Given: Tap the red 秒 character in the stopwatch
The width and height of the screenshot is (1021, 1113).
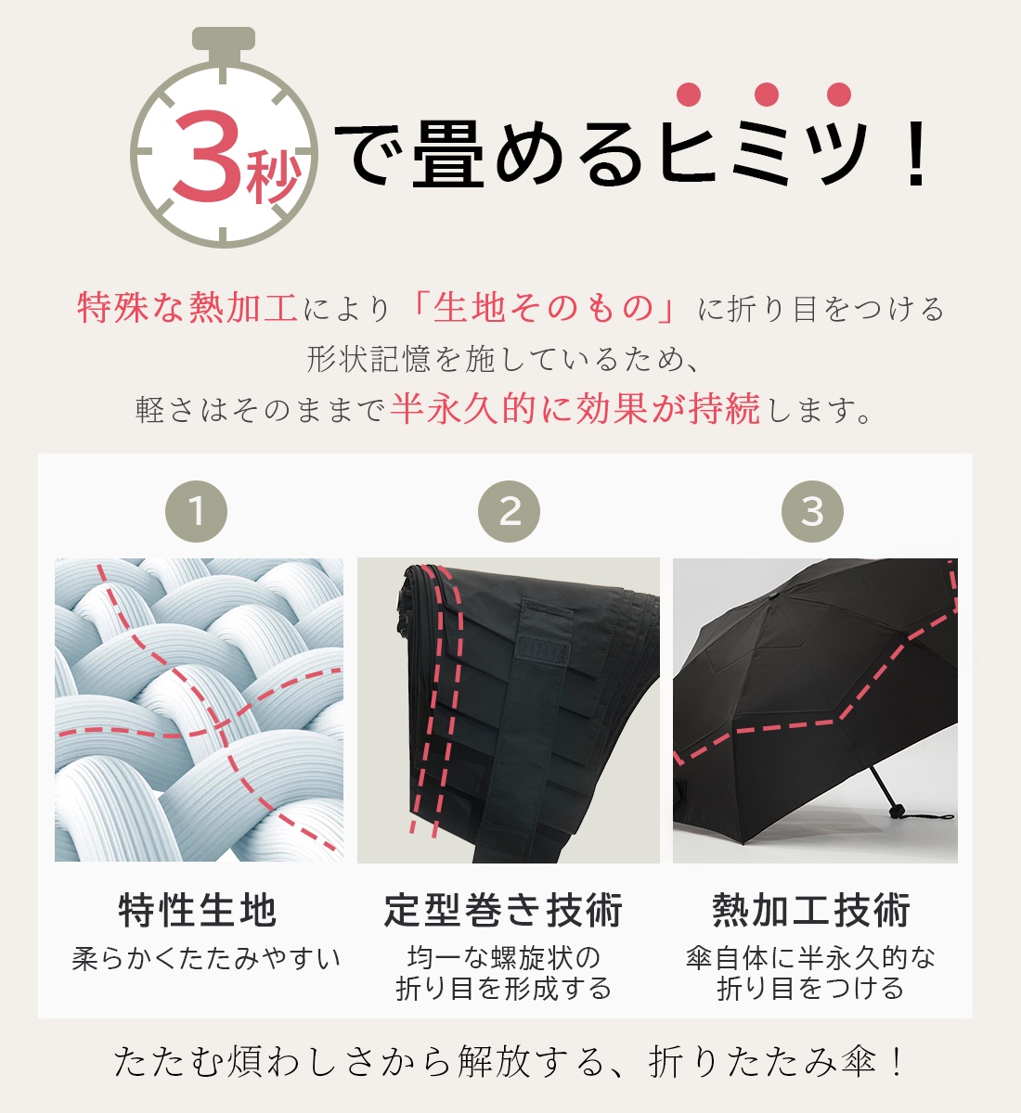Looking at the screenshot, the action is click(x=273, y=177).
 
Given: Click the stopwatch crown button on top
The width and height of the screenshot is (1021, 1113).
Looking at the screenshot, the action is click(x=224, y=38).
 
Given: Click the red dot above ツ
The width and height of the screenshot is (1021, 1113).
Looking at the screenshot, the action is click(x=839, y=95).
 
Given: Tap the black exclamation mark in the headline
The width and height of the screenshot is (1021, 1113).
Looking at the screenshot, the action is click(x=915, y=154).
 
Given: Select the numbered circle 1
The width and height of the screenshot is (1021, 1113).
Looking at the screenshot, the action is click(x=196, y=511).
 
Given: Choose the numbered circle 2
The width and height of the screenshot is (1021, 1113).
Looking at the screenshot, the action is click(x=509, y=511).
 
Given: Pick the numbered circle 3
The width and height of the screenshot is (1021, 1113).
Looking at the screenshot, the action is click(x=812, y=511).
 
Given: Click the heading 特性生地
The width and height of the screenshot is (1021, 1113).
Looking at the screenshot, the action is click(x=197, y=910).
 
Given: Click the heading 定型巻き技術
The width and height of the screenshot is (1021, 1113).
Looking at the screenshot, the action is click(x=503, y=910).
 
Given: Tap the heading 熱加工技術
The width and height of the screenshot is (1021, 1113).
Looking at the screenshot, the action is click(x=811, y=910).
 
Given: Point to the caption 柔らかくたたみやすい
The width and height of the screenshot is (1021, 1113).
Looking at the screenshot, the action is click(x=206, y=958).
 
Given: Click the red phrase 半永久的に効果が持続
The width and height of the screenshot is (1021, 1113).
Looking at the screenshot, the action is click(x=575, y=408).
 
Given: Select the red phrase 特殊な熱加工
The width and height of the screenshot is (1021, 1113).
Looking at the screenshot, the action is click(x=187, y=307).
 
